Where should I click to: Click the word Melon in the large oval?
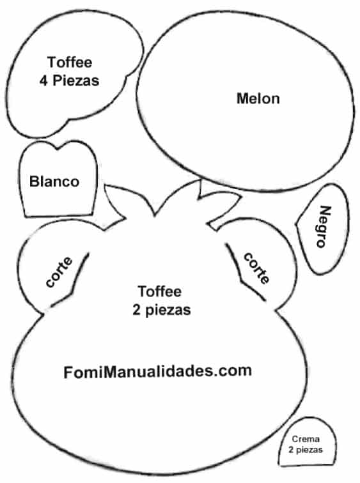tap(258, 98)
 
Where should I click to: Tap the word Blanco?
tap(54, 181)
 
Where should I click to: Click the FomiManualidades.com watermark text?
tap(157, 371)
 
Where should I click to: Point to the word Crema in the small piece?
tap(306, 439)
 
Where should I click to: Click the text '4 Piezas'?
tap(69, 80)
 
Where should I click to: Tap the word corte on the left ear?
tap(59, 272)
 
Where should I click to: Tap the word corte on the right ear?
tap(256, 268)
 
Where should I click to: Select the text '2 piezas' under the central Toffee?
tap(162, 310)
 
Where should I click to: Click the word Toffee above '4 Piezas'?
tap(70, 62)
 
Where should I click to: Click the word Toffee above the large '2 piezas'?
tap(159, 291)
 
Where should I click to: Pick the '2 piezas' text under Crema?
tap(306, 450)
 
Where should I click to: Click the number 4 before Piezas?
tap(43, 80)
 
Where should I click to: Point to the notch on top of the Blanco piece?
tap(58, 149)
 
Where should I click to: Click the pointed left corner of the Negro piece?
tap(297, 224)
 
